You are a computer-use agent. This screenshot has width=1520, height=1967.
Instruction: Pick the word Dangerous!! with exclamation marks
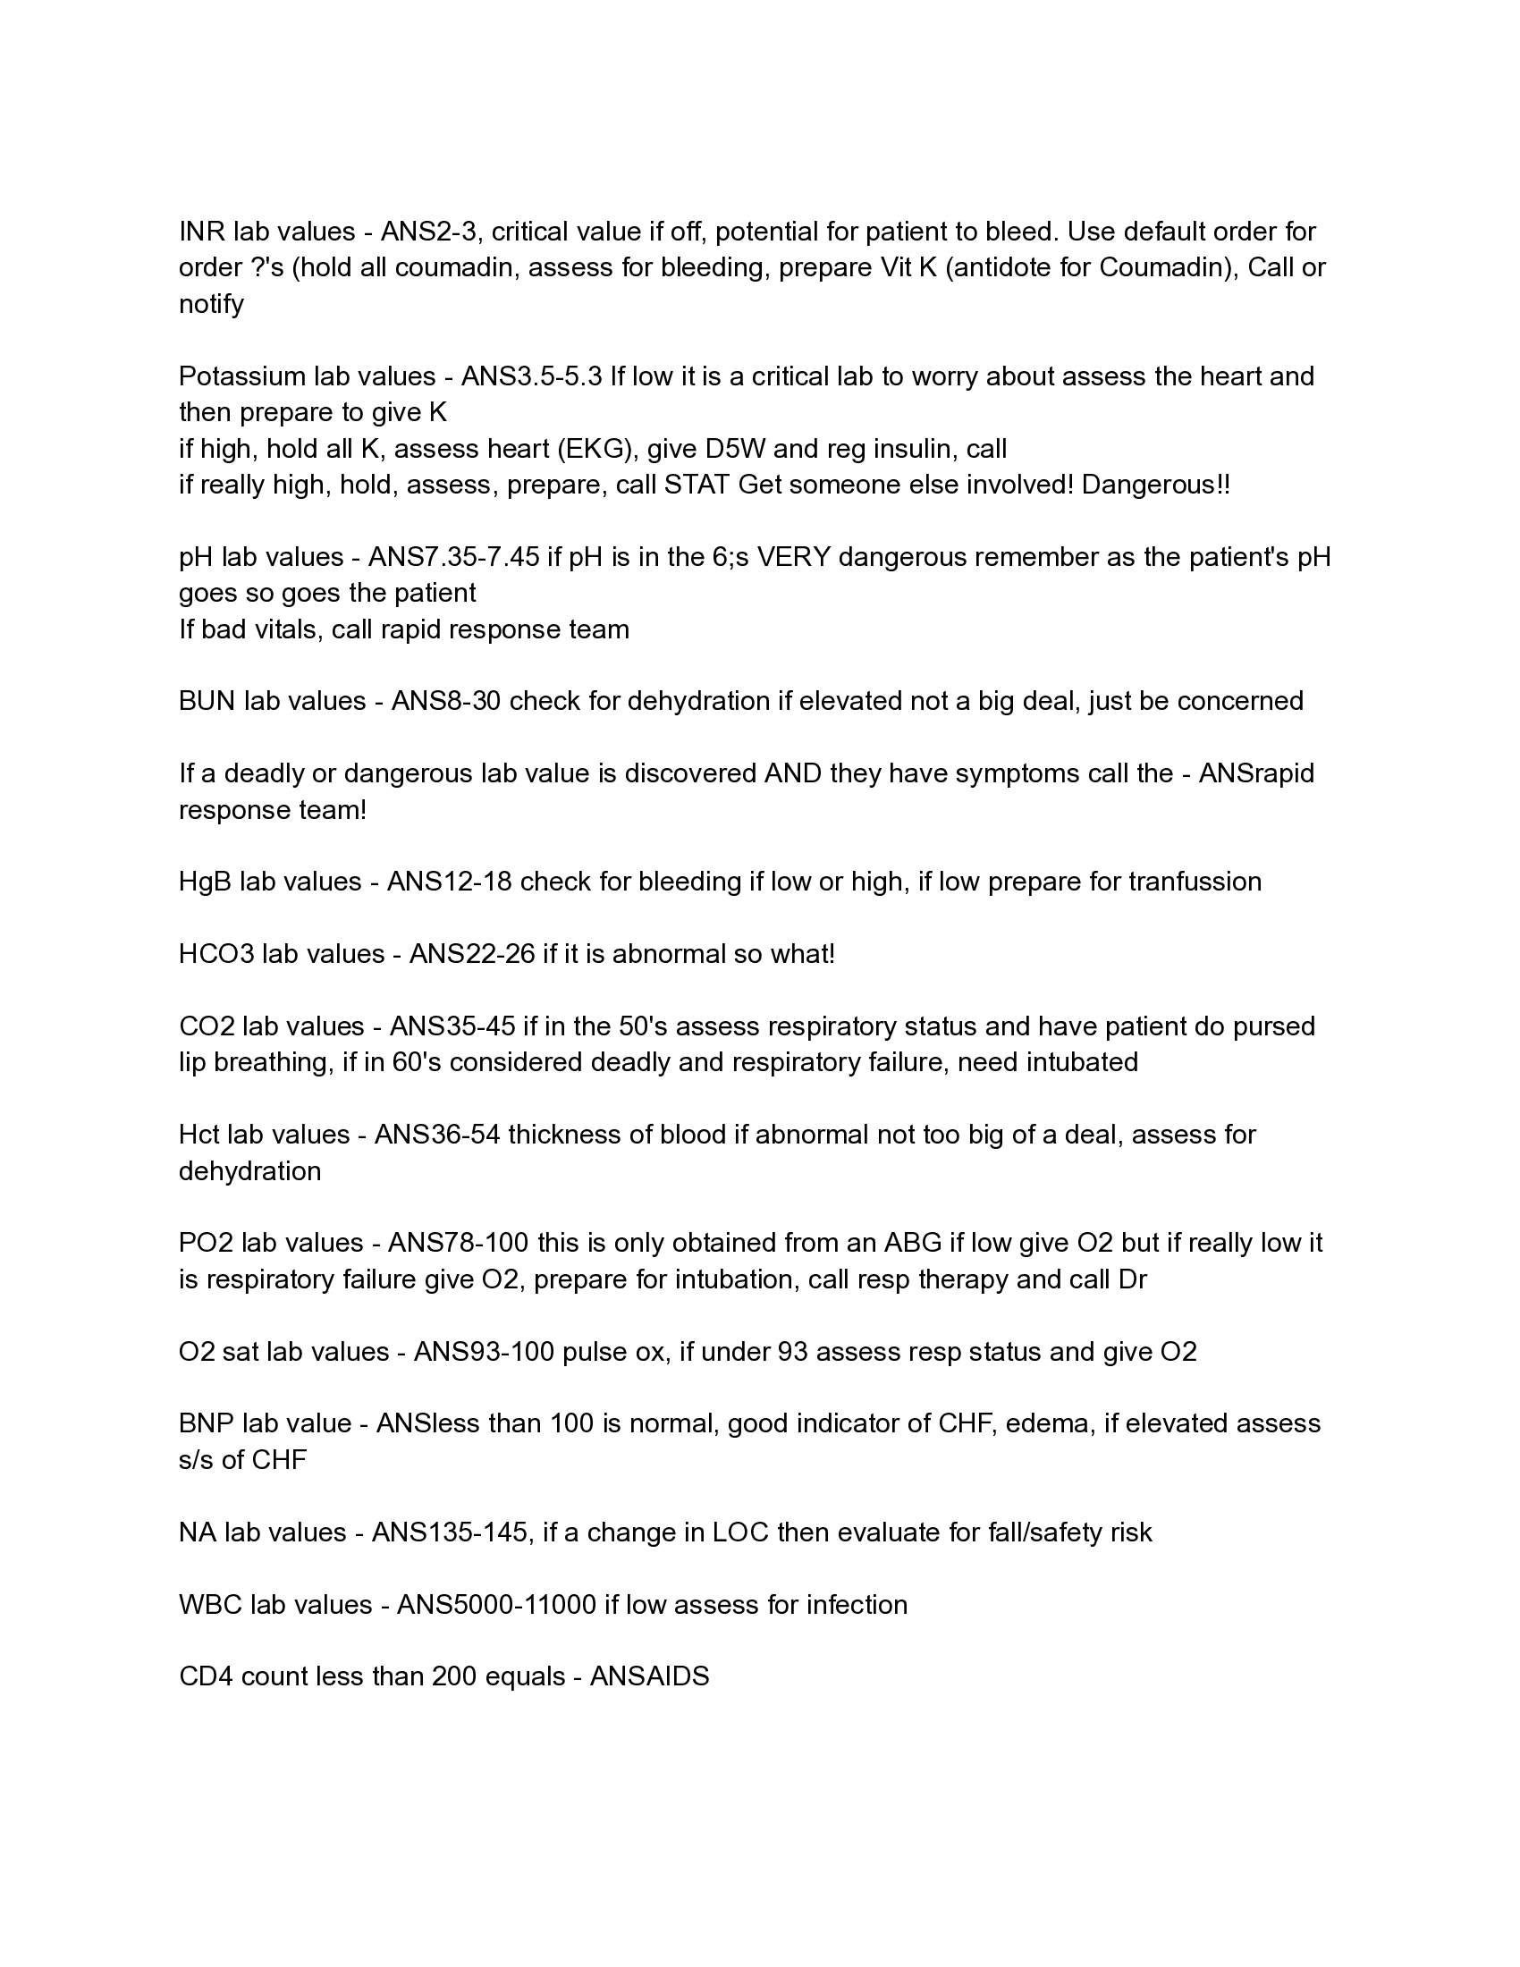click(x=1155, y=485)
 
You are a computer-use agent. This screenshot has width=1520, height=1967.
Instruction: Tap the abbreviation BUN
click(x=207, y=701)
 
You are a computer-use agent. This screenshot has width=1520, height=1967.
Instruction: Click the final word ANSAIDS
click(x=649, y=1676)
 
